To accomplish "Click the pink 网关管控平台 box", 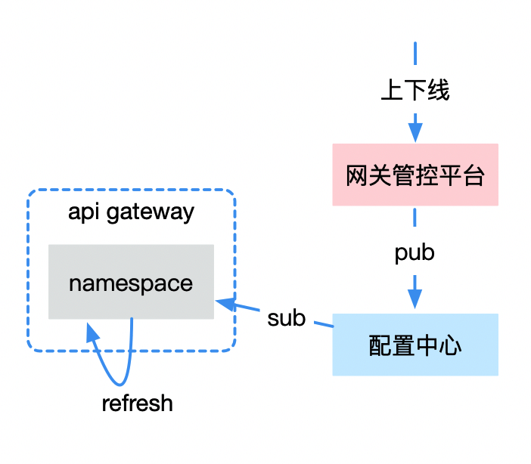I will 415,175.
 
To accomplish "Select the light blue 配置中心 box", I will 415,345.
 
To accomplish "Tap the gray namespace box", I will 131,282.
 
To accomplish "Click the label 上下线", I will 415,91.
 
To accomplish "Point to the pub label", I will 415,252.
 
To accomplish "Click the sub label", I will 286,318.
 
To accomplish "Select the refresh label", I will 137,404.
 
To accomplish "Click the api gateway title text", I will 131,212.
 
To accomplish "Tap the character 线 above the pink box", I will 438,91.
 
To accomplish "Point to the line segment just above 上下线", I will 415,56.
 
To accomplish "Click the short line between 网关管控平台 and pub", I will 415,217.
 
